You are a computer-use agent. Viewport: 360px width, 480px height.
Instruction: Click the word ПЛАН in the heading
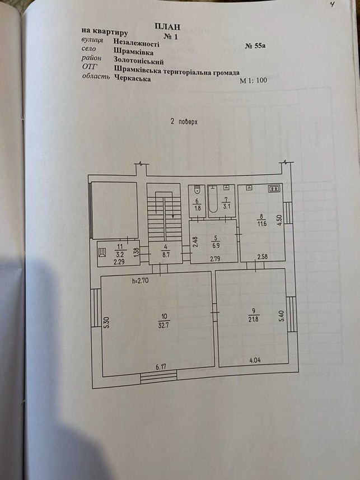pyautogui.click(x=167, y=27)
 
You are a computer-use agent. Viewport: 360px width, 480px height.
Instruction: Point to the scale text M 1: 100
pyautogui.click(x=253, y=81)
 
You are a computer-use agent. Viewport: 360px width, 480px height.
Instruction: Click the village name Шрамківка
pyautogui.click(x=133, y=51)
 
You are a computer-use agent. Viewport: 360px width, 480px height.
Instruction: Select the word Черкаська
pyautogui.click(x=132, y=78)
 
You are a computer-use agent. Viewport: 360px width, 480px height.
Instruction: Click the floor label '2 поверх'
pyautogui.click(x=184, y=122)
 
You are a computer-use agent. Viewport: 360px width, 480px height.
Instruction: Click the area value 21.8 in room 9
pyautogui.click(x=254, y=320)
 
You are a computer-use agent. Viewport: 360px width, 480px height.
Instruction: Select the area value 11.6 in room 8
pyautogui.click(x=261, y=224)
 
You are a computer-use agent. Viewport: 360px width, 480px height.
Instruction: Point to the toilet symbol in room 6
pyautogui.click(x=198, y=189)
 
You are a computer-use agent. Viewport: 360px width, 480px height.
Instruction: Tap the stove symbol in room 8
pyautogui.click(x=274, y=189)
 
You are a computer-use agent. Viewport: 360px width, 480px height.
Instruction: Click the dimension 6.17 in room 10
pyautogui.click(x=161, y=366)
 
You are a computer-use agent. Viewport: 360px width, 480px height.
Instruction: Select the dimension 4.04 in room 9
pyautogui.click(x=255, y=360)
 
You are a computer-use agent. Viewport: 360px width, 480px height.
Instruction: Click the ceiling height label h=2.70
pyautogui.click(x=140, y=279)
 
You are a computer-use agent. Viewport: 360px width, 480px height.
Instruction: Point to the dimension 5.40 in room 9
pyautogui.click(x=282, y=315)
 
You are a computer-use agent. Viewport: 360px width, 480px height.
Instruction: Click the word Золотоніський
pyautogui.click(x=139, y=60)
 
